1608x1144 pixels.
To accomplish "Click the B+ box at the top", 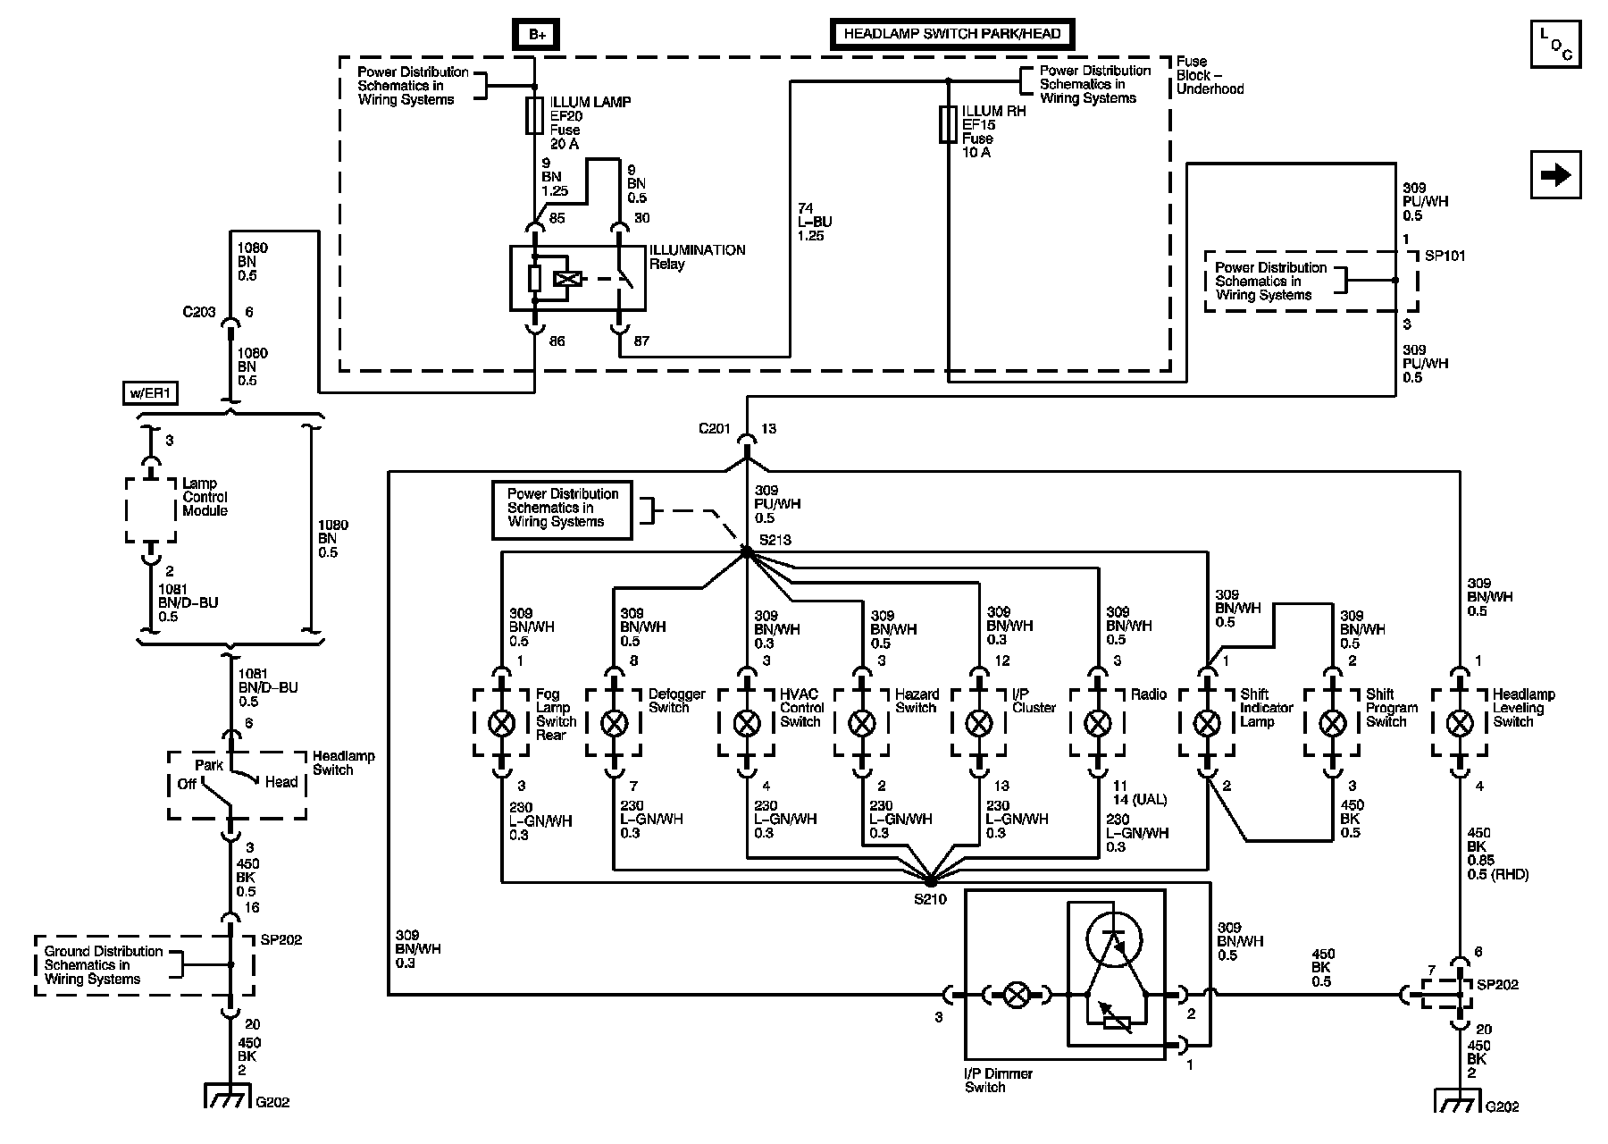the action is click(x=536, y=34).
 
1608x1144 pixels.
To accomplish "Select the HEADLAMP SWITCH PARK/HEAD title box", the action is click(x=952, y=34).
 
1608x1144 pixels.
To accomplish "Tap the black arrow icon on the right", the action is click(x=1555, y=175).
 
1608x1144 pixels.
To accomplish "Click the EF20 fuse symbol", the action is click(x=535, y=116).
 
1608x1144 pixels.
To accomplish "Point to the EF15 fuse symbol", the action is click(x=948, y=124).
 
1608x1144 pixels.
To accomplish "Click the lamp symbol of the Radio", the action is click(x=1097, y=722).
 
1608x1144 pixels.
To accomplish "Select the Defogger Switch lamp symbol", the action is click(x=614, y=722).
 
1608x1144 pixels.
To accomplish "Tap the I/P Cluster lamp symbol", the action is click(x=978, y=722).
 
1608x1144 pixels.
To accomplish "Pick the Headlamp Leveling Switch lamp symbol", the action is click(x=1460, y=722).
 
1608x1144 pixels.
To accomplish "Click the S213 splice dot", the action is click(x=746, y=553).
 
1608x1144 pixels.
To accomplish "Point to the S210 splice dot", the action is click(x=930, y=880).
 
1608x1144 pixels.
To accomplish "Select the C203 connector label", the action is click(x=199, y=312).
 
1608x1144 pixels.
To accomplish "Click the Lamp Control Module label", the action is click(x=205, y=497).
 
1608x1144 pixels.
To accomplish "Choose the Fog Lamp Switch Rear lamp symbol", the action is click(x=502, y=722).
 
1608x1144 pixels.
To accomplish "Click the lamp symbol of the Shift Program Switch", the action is click(x=1332, y=722).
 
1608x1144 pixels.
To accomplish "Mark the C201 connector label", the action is click(x=715, y=429).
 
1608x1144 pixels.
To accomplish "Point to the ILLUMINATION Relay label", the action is click(x=697, y=257).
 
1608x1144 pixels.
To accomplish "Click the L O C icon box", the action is click(x=1555, y=44).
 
